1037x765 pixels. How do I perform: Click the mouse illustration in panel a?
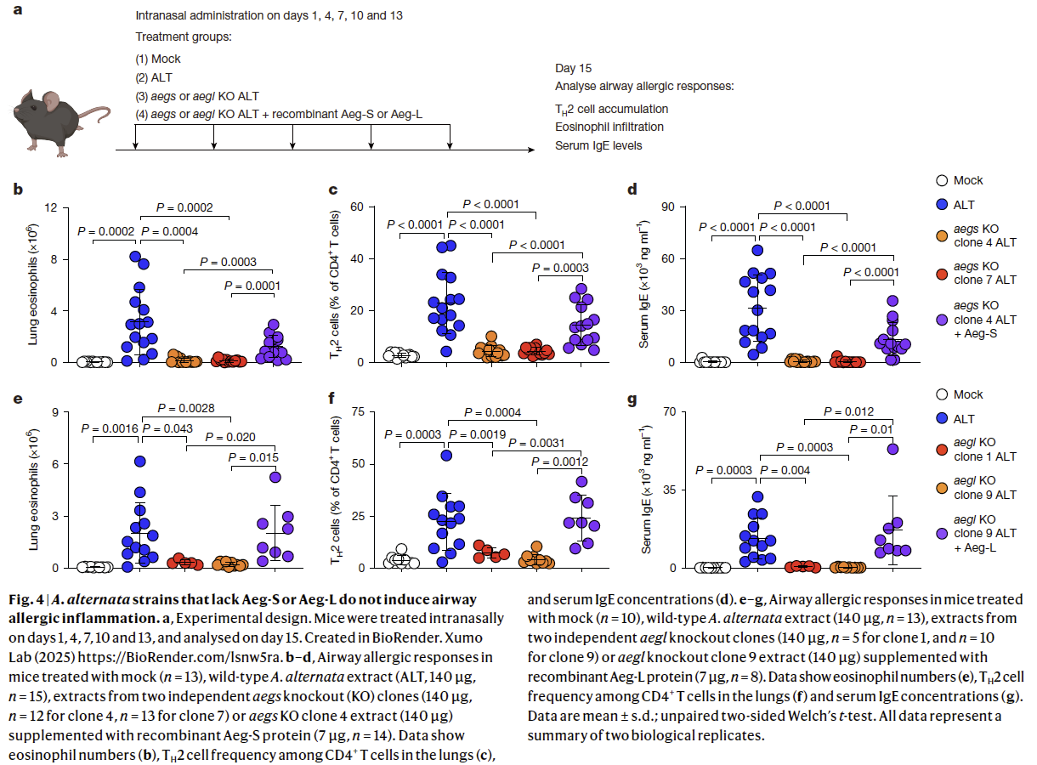click(x=59, y=119)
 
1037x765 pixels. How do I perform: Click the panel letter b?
click(x=17, y=189)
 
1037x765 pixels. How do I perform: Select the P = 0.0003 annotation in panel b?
click(x=229, y=262)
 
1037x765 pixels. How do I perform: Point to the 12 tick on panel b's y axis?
click(x=51, y=207)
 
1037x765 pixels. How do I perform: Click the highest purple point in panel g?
click(x=893, y=449)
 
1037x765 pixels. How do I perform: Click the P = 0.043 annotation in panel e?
click(x=168, y=428)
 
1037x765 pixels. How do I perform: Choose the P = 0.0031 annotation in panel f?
click(x=534, y=443)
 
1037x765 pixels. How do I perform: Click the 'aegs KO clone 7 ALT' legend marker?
click(x=941, y=272)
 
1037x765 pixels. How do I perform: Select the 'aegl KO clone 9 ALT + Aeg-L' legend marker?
click(x=941, y=532)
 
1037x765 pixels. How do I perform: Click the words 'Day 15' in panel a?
click(x=574, y=69)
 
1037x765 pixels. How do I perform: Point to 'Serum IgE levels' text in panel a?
click(x=598, y=145)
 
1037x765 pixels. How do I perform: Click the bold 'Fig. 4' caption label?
click(x=26, y=600)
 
